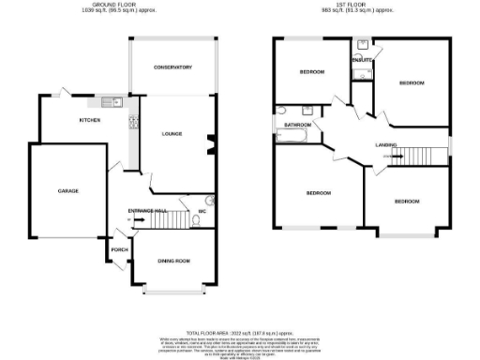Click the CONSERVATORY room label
point(172,67)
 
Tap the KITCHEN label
point(90,120)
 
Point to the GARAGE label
point(67,191)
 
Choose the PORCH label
point(120,249)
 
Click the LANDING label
point(385,145)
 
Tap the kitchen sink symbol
point(106,100)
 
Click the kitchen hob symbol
point(132,120)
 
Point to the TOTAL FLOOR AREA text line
point(240,332)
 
